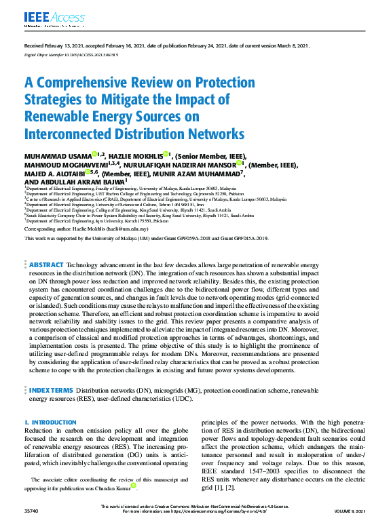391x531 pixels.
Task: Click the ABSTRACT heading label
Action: (x=47, y=302)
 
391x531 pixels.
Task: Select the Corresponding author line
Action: (x=86, y=229)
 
